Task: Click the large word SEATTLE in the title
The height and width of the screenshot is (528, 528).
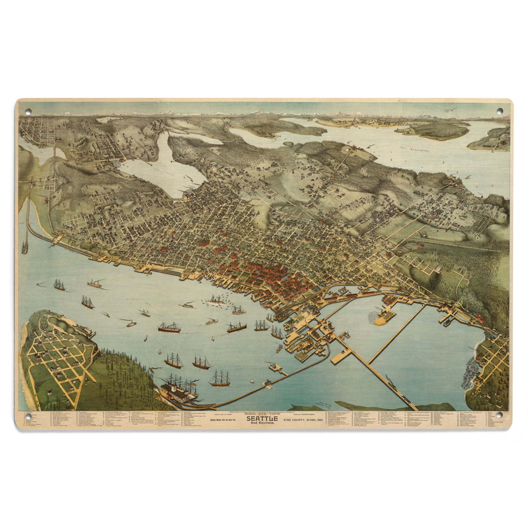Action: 262,426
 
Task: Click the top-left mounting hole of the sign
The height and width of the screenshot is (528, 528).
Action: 29,111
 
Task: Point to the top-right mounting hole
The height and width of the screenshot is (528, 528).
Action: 499,111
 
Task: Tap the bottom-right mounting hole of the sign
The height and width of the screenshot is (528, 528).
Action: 499,422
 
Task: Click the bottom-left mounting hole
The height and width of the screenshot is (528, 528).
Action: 29,422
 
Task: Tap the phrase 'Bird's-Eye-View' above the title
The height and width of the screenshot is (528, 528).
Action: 262,421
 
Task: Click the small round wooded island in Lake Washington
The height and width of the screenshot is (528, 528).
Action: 288,144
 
